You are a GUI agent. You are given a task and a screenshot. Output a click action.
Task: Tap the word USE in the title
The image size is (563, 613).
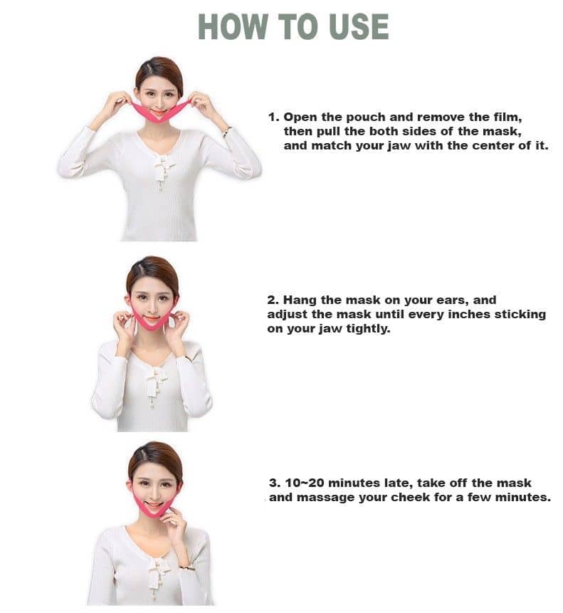[x=359, y=26]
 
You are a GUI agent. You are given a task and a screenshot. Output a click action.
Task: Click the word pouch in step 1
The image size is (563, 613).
[x=366, y=117]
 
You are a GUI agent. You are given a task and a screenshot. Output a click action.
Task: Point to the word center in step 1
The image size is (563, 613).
[x=493, y=146]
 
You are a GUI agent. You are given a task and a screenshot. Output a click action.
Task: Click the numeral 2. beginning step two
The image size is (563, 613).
[x=273, y=300]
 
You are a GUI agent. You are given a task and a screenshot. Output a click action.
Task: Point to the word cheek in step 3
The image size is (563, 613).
[x=410, y=497]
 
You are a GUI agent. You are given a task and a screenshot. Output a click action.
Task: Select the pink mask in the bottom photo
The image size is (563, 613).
[x=154, y=504]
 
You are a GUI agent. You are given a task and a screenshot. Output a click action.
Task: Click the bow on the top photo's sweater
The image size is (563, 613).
[x=164, y=167]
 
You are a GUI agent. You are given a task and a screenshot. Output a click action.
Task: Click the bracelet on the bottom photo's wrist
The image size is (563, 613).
[x=186, y=567]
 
